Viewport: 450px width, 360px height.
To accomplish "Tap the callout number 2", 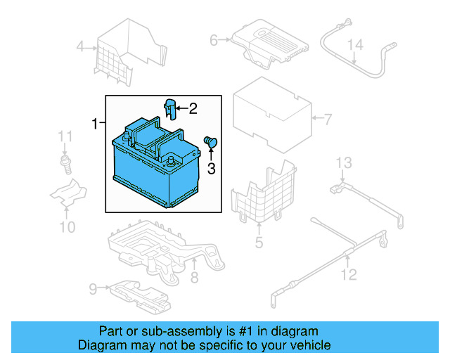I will click(x=193, y=108).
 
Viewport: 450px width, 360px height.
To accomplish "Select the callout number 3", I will click(x=210, y=168).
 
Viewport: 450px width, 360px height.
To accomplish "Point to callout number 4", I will click(x=80, y=48).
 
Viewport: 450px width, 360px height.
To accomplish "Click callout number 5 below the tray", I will click(x=259, y=243).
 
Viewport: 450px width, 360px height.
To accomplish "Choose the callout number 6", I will click(x=214, y=41).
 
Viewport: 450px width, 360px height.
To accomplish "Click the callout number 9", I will click(x=93, y=288).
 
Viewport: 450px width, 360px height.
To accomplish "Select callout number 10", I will click(x=67, y=226).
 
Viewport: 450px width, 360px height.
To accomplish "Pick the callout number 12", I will click(x=349, y=274).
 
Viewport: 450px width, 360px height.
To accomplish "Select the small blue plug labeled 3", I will click(x=210, y=143).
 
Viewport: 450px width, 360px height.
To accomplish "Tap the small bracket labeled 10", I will click(x=69, y=194).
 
